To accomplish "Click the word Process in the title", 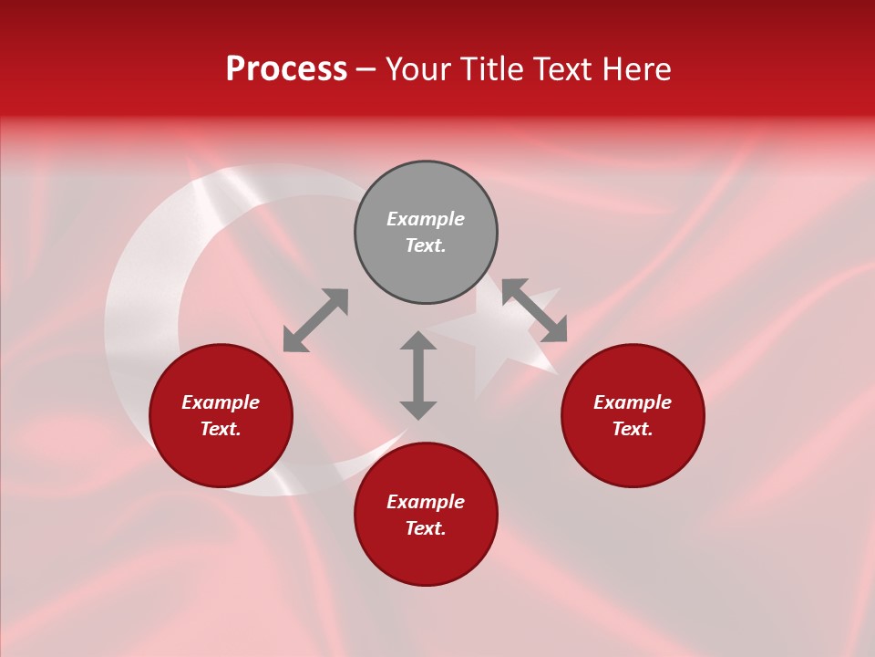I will point(286,69).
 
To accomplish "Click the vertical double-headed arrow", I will point(418,375).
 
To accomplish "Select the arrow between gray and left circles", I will point(315,320).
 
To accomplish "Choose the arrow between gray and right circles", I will point(535,310).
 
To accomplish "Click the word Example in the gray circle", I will point(426,219).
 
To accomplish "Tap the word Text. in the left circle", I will point(221,429).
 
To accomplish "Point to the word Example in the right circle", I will point(633,402).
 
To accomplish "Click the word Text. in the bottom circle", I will point(426,528).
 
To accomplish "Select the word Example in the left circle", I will point(221,402).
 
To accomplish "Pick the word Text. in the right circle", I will point(633,429).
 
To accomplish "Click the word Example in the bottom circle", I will point(426,502).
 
